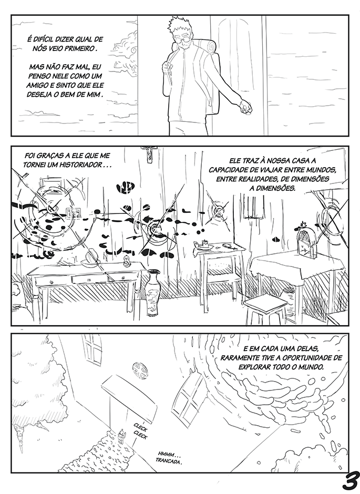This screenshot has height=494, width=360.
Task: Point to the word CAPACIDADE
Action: click(229, 170)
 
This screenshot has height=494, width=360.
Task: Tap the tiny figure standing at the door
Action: click(121, 436)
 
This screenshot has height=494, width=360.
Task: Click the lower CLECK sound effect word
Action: click(140, 436)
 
